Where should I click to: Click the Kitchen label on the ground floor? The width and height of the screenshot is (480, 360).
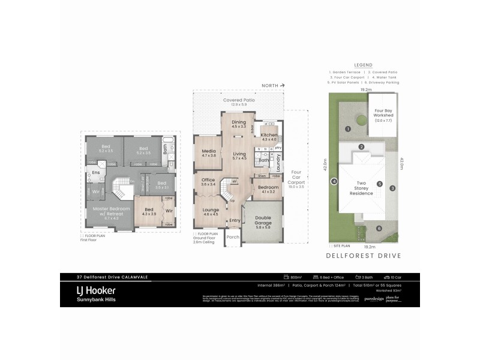269,135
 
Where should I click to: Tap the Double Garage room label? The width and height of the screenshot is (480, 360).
262,218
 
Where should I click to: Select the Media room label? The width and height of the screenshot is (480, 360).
208,151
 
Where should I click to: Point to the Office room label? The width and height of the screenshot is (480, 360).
208,180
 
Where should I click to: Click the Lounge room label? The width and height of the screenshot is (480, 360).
210,209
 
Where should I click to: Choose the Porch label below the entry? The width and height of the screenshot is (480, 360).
232,237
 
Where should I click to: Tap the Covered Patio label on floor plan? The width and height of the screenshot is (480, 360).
239,100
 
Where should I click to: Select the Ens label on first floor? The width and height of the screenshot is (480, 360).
95,172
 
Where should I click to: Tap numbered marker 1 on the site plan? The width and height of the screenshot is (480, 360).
347,129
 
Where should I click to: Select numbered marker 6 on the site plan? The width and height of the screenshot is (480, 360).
379,229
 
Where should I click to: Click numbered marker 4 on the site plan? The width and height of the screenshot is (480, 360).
334,181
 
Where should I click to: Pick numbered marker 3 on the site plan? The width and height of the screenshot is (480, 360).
392,188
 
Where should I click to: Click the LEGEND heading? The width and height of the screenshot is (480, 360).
363,65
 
